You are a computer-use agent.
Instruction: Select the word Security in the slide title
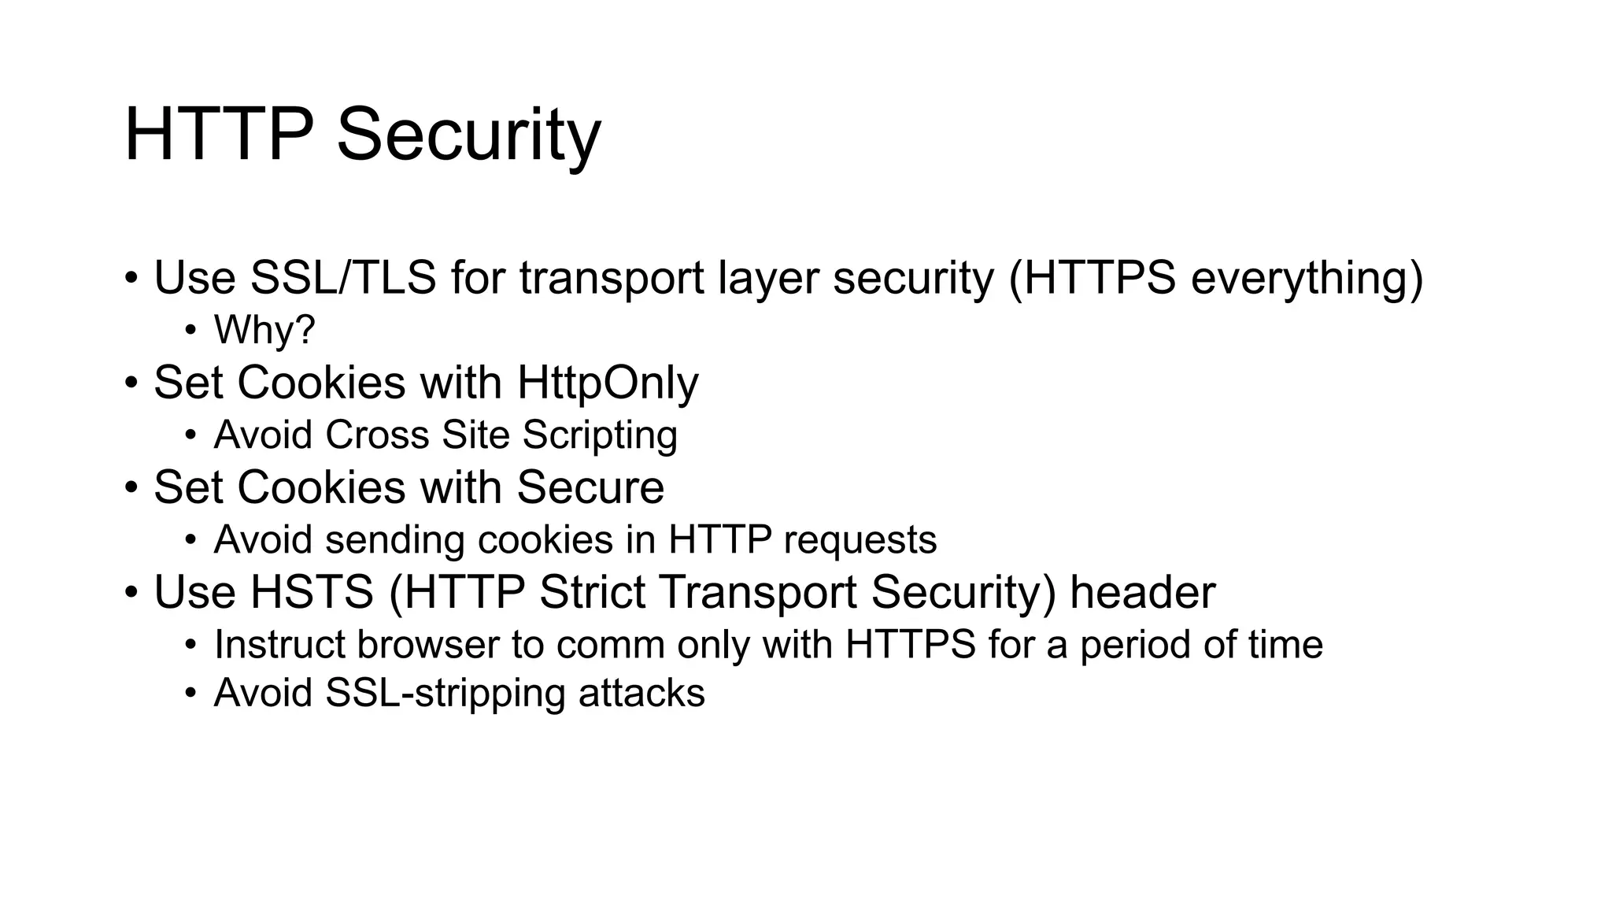[x=468, y=135]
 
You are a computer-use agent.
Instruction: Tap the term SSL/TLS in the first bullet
[x=342, y=278]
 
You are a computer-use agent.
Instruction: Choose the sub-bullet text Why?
[x=264, y=330]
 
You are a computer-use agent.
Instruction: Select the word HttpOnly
[x=607, y=383]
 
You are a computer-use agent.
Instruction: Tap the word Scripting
[x=599, y=435]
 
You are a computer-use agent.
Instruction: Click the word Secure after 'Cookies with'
[x=590, y=487]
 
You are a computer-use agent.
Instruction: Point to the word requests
[x=860, y=541]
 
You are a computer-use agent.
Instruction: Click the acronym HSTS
[x=311, y=593]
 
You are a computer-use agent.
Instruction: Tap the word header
[x=1142, y=593]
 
